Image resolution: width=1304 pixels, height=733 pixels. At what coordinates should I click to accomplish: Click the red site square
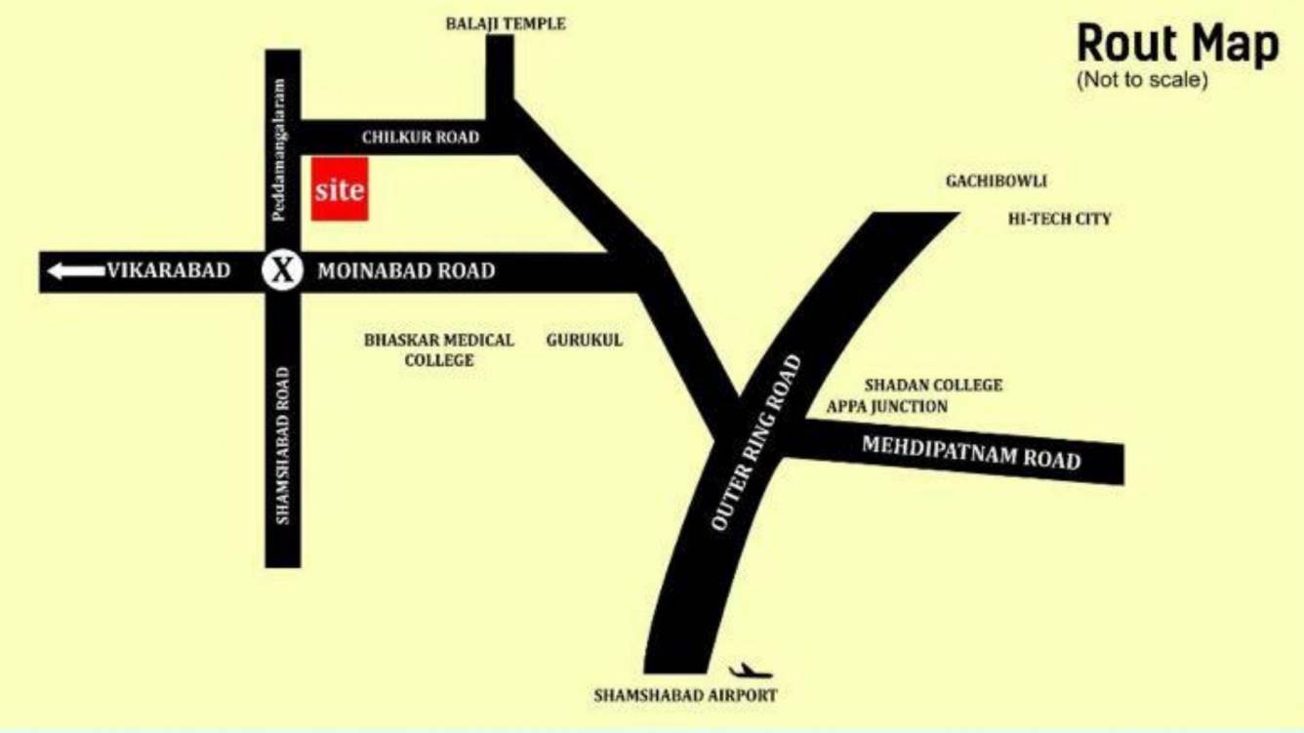click(x=340, y=188)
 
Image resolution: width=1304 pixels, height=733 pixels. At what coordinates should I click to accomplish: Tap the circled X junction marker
click(x=282, y=270)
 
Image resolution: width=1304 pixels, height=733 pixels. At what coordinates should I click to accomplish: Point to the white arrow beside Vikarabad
click(x=75, y=270)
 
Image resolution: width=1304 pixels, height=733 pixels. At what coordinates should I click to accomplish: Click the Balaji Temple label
click(x=505, y=23)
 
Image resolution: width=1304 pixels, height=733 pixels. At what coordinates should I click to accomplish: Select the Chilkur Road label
click(x=420, y=138)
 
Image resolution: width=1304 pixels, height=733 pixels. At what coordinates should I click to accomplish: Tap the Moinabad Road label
click(x=406, y=271)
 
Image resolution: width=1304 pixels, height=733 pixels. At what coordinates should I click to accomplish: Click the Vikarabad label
click(x=168, y=270)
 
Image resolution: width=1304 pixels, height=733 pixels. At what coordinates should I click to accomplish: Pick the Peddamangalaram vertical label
click(x=279, y=149)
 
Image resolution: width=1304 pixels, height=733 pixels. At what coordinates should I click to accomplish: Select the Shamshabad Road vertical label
click(x=283, y=445)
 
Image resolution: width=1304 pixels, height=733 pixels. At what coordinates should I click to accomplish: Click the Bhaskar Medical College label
click(x=438, y=350)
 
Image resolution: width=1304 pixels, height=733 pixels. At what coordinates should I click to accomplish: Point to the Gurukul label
click(x=584, y=341)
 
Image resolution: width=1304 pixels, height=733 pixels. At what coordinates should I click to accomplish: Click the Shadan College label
click(x=933, y=386)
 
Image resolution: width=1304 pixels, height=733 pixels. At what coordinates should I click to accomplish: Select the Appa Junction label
click(x=886, y=406)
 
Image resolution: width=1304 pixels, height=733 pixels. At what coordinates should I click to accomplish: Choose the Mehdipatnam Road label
click(x=971, y=453)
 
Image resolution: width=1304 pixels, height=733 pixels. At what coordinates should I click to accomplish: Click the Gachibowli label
click(x=996, y=182)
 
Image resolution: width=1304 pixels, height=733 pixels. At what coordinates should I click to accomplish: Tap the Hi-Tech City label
click(x=1059, y=220)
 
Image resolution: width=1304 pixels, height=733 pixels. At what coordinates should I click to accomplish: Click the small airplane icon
click(x=750, y=672)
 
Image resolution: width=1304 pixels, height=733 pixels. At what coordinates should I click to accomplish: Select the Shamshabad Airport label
click(x=685, y=696)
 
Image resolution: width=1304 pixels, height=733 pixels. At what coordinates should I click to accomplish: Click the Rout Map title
click(x=1177, y=45)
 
